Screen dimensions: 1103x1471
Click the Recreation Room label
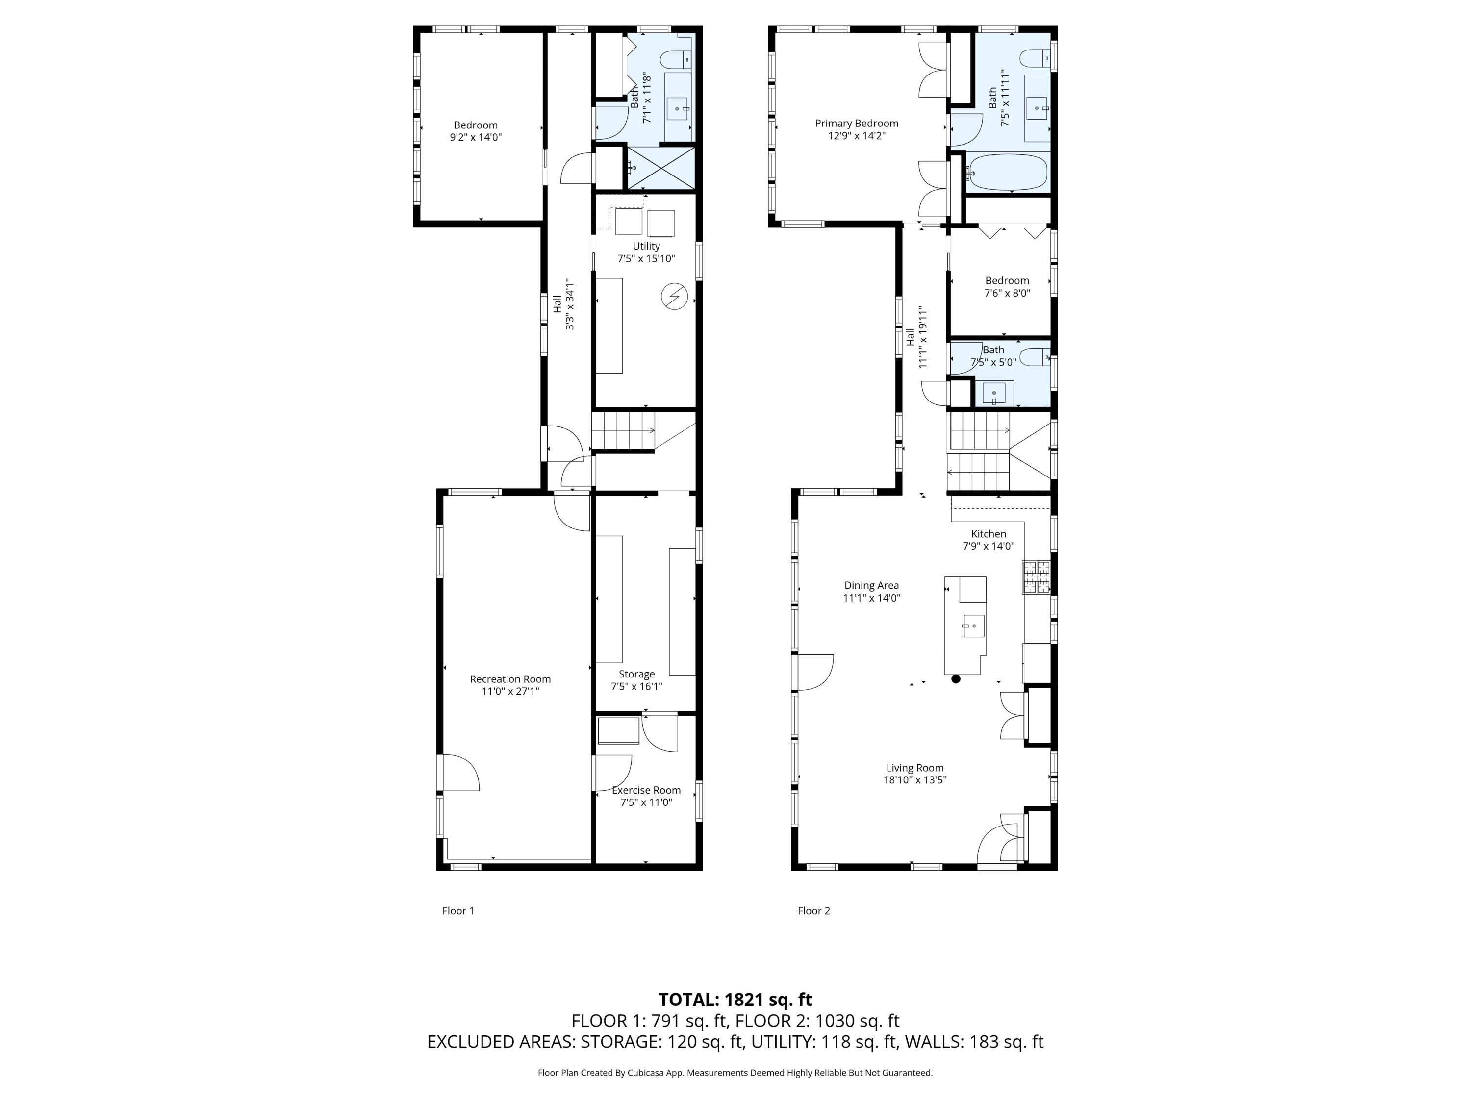(x=510, y=679)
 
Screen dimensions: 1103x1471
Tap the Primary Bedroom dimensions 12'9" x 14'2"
(x=857, y=136)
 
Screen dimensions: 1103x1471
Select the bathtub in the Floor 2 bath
(x=1008, y=172)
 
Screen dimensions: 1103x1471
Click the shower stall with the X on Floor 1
(x=661, y=168)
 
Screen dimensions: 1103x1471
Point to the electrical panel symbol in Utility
(x=674, y=297)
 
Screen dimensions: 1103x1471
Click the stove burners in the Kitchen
(x=1036, y=577)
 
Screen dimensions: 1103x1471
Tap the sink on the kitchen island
(x=972, y=626)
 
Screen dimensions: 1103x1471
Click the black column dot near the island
(x=956, y=679)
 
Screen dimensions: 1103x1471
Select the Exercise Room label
(x=646, y=790)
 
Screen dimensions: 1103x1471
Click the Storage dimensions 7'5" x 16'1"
(x=636, y=687)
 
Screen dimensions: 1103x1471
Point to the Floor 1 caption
(x=458, y=911)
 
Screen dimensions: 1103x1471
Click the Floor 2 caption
(x=813, y=911)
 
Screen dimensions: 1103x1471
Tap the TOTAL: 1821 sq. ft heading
(x=735, y=999)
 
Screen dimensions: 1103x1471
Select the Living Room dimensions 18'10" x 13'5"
(x=914, y=780)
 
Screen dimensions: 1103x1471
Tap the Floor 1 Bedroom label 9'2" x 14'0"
(x=476, y=131)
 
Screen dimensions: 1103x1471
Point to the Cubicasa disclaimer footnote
(x=735, y=1073)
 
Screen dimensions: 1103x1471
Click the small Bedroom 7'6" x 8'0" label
(x=1007, y=287)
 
